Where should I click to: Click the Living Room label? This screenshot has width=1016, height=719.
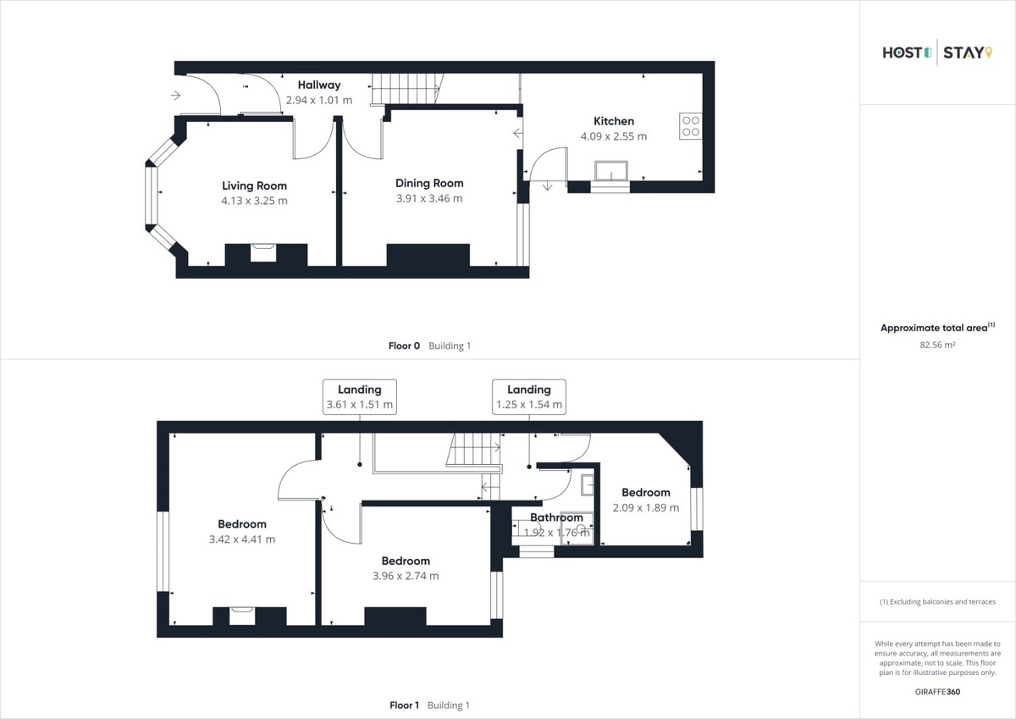[254, 185]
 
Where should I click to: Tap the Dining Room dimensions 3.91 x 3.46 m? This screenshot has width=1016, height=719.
[429, 198]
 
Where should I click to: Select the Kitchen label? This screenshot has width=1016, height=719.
[614, 121]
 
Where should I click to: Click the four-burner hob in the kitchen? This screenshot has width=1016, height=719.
[690, 125]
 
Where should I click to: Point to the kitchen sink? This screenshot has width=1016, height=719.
[611, 171]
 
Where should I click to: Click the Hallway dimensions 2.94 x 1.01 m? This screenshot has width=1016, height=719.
[319, 100]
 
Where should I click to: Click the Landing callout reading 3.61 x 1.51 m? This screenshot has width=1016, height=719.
[360, 397]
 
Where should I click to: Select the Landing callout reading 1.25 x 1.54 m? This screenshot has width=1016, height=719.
[529, 397]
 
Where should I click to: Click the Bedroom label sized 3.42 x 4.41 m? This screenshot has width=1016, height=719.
[242, 524]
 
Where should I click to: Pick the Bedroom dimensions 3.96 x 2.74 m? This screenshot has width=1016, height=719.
[406, 576]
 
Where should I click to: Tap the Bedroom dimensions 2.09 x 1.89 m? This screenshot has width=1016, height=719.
[646, 507]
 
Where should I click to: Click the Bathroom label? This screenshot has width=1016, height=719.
[556, 517]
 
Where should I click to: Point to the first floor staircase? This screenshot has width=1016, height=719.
[474, 450]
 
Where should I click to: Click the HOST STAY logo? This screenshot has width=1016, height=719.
[937, 53]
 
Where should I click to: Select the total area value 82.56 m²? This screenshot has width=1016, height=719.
[937, 345]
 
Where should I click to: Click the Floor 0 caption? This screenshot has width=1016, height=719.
[404, 346]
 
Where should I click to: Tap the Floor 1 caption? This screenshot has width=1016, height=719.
[404, 705]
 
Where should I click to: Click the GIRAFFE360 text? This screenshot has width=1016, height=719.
[937, 692]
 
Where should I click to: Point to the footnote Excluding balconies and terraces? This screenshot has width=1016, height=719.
[937, 602]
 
